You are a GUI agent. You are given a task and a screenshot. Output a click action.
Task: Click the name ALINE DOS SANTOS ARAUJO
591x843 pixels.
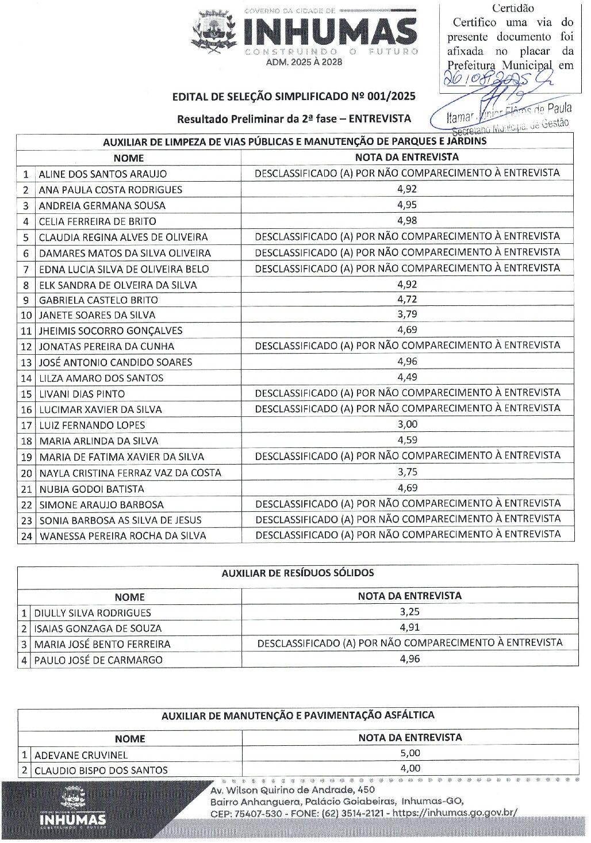pos(103,174)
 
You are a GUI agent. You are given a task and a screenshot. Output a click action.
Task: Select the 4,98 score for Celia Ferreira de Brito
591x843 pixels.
pos(407,221)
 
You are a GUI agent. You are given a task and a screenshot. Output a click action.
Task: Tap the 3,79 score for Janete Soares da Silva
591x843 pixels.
pos(407,315)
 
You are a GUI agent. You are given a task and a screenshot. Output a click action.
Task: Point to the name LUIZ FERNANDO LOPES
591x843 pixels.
pos(92,426)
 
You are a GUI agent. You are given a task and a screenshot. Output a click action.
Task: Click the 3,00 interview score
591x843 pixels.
pos(408,424)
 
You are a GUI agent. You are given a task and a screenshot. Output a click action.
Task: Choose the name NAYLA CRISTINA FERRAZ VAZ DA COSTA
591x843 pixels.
pos(130,473)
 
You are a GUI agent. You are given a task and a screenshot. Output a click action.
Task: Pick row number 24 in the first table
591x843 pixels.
pos(26,536)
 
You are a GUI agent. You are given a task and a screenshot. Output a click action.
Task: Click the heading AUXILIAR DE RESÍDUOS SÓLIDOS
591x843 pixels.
pos(298,573)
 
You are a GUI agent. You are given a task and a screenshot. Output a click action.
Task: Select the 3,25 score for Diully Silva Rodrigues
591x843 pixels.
pos(410,612)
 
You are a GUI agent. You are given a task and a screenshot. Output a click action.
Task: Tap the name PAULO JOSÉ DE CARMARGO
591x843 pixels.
pos(98,660)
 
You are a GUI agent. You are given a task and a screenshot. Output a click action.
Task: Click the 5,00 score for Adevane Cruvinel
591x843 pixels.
pos(410,753)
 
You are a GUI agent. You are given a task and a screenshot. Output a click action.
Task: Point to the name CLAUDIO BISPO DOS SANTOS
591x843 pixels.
pos(101,771)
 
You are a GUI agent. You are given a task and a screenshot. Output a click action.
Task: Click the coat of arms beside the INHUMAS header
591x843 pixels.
pos(214,33)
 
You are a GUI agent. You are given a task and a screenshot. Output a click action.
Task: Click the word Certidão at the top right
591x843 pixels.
pos(513,9)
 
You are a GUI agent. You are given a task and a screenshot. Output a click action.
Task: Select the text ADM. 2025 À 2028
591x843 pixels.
pos(304,62)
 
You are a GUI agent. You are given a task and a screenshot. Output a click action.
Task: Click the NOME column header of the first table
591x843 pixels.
pos(129,158)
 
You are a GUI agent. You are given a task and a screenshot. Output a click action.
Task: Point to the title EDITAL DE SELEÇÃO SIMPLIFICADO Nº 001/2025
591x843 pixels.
pos(293,97)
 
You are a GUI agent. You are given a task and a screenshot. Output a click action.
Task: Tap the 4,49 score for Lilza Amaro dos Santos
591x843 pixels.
pos(407,378)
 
